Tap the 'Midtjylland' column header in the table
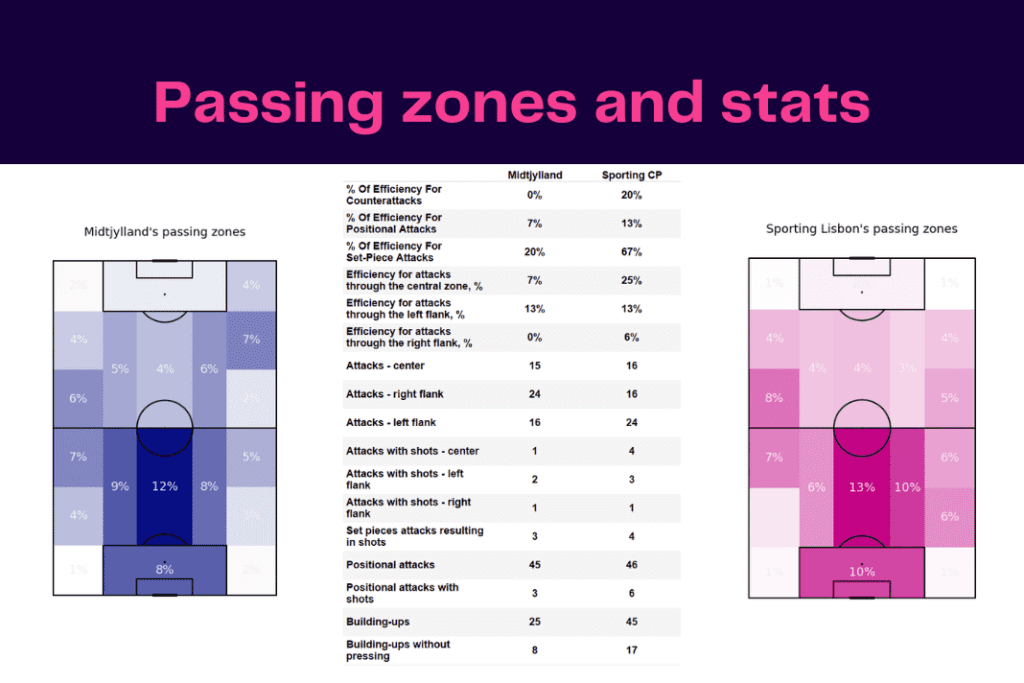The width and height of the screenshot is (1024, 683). (x=535, y=175)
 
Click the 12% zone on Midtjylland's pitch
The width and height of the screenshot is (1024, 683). (x=164, y=486)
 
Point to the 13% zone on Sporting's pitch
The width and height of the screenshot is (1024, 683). (x=862, y=487)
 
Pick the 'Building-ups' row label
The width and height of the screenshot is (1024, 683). (x=378, y=622)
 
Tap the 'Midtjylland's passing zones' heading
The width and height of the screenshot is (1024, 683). (x=164, y=232)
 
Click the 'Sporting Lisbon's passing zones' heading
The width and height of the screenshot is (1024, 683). (x=861, y=229)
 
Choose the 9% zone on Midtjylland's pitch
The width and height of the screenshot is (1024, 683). (x=119, y=487)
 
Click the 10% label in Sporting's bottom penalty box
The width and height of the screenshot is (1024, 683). (x=862, y=571)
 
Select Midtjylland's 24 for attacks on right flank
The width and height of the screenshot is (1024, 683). (x=535, y=394)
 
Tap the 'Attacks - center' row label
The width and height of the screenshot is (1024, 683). (x=385, y=366)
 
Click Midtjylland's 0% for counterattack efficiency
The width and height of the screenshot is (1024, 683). (x=535, y=195)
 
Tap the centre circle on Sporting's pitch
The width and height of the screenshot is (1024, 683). (x=862, y=428)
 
